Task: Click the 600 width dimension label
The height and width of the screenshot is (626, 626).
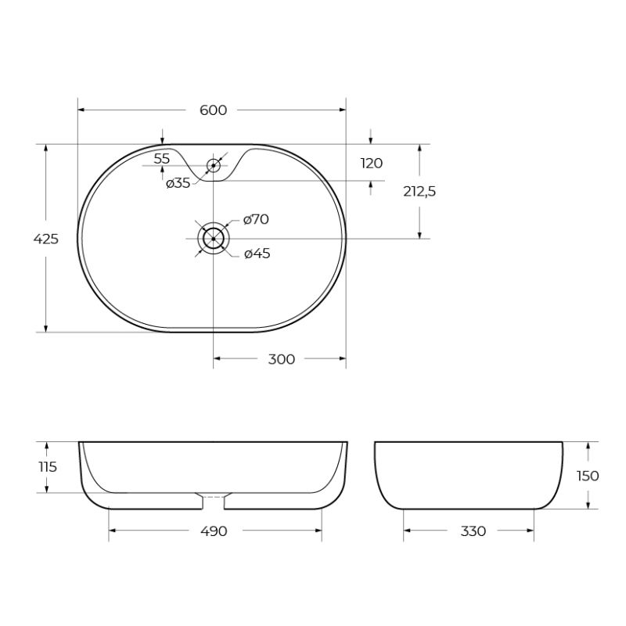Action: click(x=213, y=110)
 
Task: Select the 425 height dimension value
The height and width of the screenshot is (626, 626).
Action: click(x=46, y=239)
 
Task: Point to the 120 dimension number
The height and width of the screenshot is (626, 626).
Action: click(x=372, y=163)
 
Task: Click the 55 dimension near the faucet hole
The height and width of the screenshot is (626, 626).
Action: click(x=162, y=159)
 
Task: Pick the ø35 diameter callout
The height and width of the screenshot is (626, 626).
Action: click(x=178, y=183)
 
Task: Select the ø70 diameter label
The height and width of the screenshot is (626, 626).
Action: click(x=256, y=220)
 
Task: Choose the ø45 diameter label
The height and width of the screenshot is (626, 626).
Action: click(x=257, y=254)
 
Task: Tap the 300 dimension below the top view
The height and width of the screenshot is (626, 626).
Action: click(x=281, y=359)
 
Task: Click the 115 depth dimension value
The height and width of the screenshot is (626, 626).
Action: click(x=47, y=467)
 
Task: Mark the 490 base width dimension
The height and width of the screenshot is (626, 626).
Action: click(x=214, y=531)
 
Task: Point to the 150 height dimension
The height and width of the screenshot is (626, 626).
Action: click(x=588, y=476)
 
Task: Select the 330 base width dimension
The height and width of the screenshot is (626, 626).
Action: click(x=473, y=531)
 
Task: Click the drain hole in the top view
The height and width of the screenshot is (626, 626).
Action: click(x=213, y=238)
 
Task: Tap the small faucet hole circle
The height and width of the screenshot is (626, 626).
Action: click(x=213, y=165)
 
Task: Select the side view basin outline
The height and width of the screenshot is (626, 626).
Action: click(x=469, y=474)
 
